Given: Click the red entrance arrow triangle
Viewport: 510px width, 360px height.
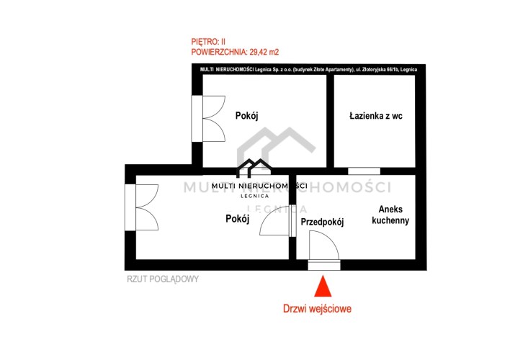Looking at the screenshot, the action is tap(323, 287).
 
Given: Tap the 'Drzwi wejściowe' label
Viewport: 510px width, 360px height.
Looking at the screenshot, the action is tap(317, 308).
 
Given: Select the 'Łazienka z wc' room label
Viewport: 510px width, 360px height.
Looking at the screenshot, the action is tap(376, 116).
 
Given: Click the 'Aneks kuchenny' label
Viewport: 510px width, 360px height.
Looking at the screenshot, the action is tap(390, 215).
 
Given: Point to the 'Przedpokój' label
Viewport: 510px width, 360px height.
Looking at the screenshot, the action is tap(322, 222).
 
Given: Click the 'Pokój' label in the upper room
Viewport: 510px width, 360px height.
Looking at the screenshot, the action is tap(246, 115).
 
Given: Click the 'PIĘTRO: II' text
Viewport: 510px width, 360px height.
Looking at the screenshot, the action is tap(208, 42).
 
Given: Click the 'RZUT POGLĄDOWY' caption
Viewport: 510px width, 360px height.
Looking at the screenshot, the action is tap(163, 279).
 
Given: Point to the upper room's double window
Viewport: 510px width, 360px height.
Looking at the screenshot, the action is tap(208, 119).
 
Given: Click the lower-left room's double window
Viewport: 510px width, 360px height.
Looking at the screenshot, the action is tap(142, 207).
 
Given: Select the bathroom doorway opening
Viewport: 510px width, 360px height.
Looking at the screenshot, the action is tap(364, 171).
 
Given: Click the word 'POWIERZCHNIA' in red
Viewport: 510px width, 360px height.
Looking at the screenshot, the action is tap(218, 52).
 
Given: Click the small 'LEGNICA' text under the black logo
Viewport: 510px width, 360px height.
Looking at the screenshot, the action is tap(255, 196).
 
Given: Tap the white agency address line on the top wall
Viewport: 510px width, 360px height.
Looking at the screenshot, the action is tap(308, 69).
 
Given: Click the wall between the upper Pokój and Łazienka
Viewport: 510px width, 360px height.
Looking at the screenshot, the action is tap(330, 121).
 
